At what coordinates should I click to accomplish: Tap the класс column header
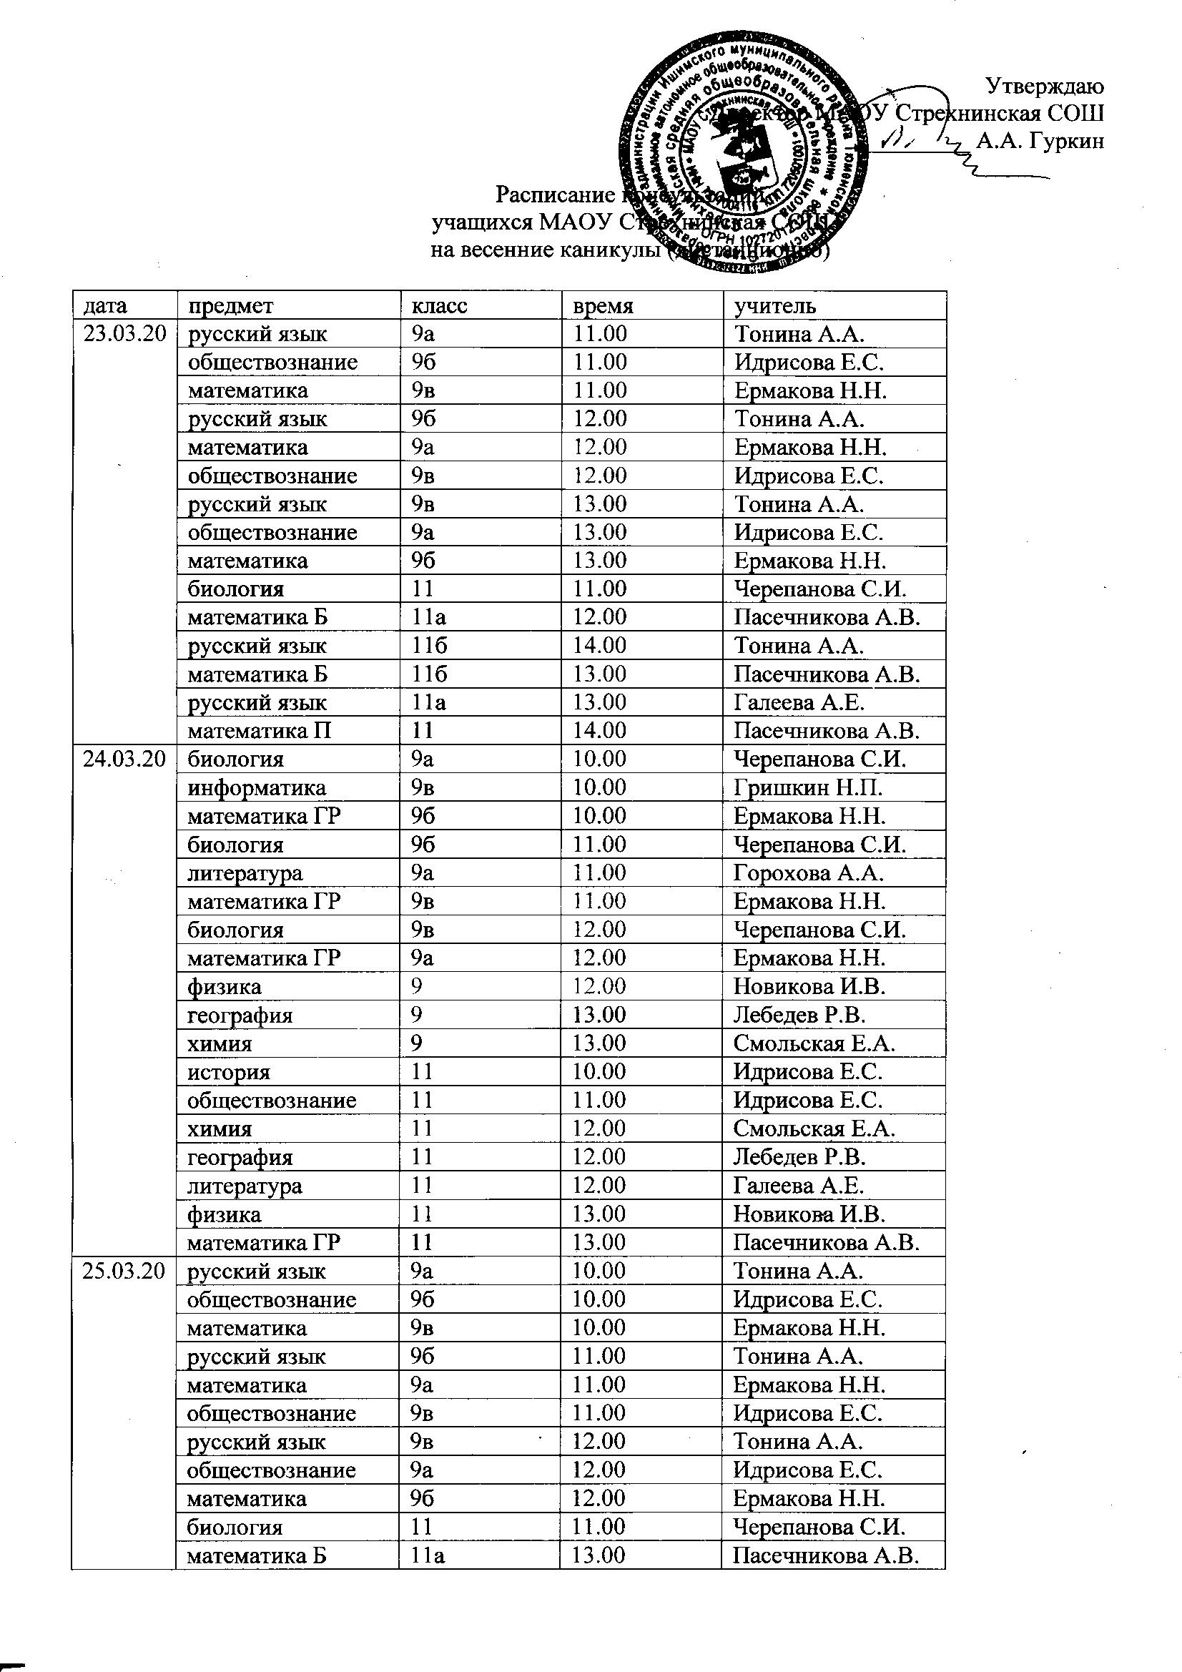pos(439,306)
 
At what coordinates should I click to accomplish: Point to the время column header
pos(603,306)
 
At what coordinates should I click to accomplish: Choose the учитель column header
pos(775,306)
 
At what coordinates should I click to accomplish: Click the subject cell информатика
pos(257,788)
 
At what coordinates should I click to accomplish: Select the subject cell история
pos(229,1072)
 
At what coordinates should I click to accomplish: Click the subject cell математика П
pos(260,730)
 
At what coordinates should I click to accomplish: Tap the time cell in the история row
pos(599,1072)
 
